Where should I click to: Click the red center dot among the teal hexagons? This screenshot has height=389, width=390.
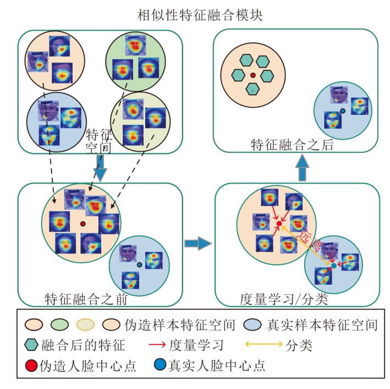point(252,75)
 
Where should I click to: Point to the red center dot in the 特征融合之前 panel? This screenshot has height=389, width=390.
point(83,224)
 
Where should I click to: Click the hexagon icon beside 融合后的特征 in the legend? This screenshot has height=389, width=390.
point(31,345)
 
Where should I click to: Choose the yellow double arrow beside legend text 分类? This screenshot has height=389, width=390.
point(263,345)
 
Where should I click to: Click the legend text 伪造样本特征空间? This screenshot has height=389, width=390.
point(181,325)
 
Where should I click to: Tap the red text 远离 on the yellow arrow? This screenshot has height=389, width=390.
point(308,237)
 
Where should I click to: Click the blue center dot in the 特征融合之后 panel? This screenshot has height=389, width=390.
point(342,111)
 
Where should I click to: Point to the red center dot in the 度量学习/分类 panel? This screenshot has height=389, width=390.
point(279,224)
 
